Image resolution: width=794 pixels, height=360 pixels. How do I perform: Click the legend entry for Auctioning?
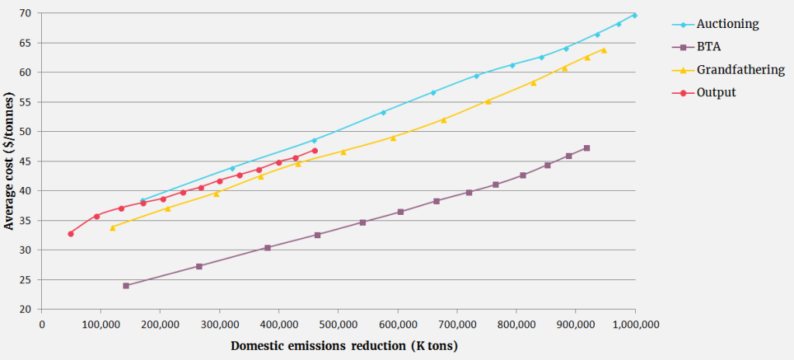727,24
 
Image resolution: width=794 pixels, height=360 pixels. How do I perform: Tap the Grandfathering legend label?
740,70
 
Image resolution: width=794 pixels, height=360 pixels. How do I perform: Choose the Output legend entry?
716,92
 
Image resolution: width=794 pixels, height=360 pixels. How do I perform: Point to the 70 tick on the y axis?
26,13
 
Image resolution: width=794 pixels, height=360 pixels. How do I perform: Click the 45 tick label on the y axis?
26,161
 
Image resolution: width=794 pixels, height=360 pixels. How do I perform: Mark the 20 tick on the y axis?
26,309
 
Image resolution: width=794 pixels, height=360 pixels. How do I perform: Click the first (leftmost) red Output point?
71,234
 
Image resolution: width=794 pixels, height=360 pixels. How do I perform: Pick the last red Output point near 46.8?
315,151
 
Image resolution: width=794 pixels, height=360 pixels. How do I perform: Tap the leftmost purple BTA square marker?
126,286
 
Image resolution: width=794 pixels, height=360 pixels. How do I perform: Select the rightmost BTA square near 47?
586,147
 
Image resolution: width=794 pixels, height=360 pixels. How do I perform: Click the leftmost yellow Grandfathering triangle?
112,227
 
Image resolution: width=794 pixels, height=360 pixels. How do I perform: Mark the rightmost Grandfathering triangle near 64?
603,50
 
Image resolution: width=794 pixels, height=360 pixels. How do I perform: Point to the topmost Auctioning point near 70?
634,15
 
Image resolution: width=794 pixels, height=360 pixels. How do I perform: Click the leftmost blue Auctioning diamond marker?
143,200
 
